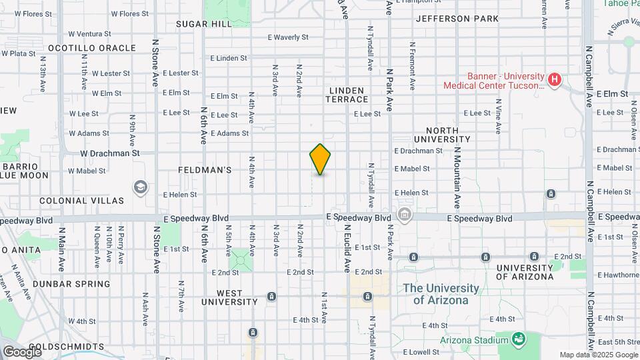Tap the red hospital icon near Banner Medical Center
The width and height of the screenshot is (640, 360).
[553, 81]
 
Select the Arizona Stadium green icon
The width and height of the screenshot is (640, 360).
[518, 340]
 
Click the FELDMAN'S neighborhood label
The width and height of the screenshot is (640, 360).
[205, 170]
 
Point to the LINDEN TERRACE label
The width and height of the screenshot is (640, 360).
[347, 95]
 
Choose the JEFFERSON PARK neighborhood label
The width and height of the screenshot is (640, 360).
[457, 19]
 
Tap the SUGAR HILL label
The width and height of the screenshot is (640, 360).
[204, 24]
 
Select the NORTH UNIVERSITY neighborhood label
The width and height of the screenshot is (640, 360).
[442, 135]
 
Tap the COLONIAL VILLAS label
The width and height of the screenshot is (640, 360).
[81, 200]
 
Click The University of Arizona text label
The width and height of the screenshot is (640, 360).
[441, 294]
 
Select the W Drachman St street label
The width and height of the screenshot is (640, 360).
[110, 153]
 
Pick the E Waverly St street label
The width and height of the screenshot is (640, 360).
[288, 38]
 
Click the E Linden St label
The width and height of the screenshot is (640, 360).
[229, 59]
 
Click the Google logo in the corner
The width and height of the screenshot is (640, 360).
[22, 351]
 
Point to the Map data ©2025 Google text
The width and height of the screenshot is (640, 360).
[598, 355]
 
